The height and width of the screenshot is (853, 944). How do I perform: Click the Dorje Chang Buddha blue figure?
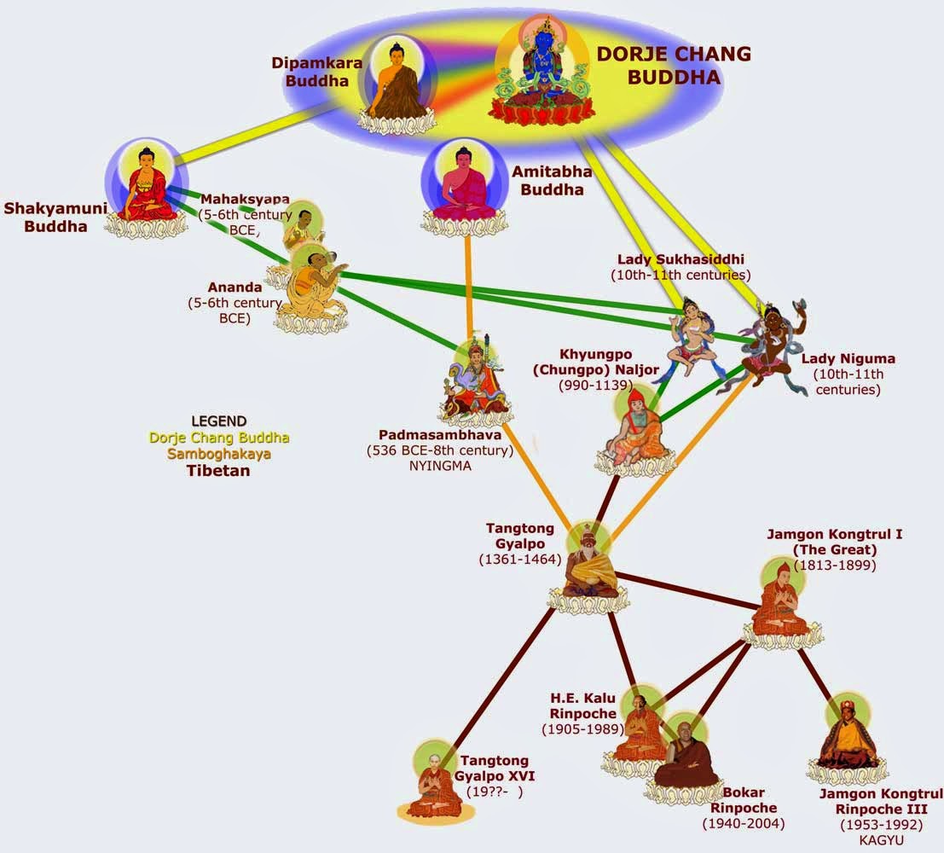click(x=539, y=73)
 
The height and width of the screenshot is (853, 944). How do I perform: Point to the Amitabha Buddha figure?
click(x=463, y=188)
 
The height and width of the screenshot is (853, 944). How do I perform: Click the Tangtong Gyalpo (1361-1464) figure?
click(x=588, y=563)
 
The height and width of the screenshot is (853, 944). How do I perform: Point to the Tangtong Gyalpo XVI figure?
click(x=434, y=780)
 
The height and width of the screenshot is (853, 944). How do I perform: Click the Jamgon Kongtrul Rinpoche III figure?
click(x=848, y=738)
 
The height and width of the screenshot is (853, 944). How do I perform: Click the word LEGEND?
click(x=219, y=421)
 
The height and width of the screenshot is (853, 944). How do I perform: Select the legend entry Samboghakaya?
click(x=219, y=454)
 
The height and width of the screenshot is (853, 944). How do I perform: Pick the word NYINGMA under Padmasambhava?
click(x=439, y=466)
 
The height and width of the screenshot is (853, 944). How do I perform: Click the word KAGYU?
click(x=882, y=840)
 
